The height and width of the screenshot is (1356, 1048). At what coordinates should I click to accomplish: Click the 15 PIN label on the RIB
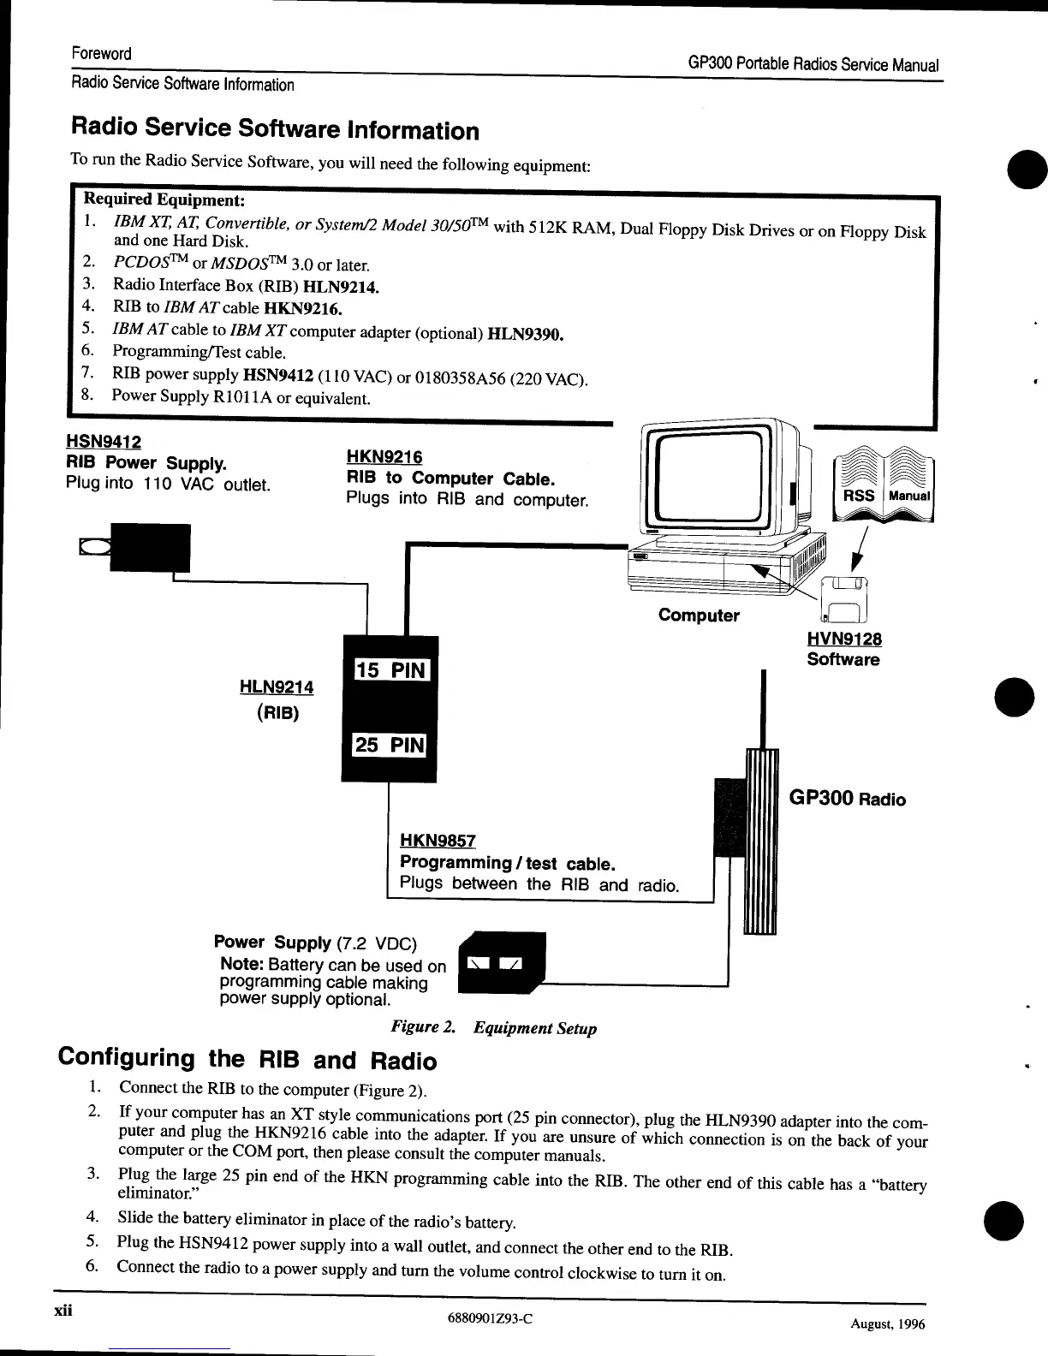tap(390, 670)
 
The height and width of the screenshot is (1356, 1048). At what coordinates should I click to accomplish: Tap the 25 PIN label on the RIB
tap(390, 745)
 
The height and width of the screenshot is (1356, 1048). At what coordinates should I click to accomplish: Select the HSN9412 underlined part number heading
tap(104, 442)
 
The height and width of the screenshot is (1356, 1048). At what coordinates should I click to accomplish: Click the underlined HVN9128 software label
tap(843, 639)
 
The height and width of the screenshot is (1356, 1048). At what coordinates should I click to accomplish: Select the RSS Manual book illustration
tap(884, 488)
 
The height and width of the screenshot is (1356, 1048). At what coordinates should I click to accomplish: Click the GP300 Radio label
tap(846, 800)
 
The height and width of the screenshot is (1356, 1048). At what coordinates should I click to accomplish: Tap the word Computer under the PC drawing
tap(699, 616)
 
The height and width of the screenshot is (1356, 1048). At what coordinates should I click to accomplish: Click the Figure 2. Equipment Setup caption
tap(493, 1028)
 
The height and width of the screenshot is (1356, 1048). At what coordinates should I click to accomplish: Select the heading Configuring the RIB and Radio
tap(247, 1060)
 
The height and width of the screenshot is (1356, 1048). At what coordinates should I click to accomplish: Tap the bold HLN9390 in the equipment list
tap(525, 334)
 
